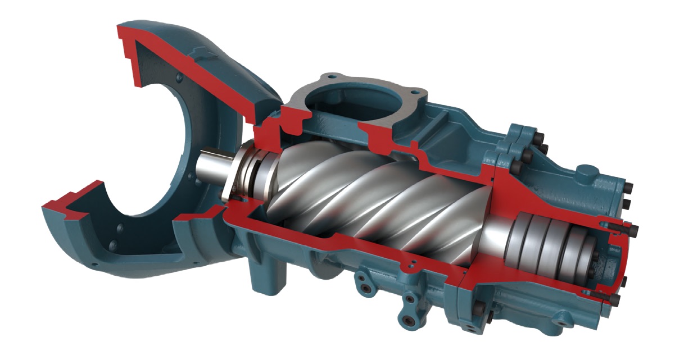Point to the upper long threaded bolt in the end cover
coord(618,227)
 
